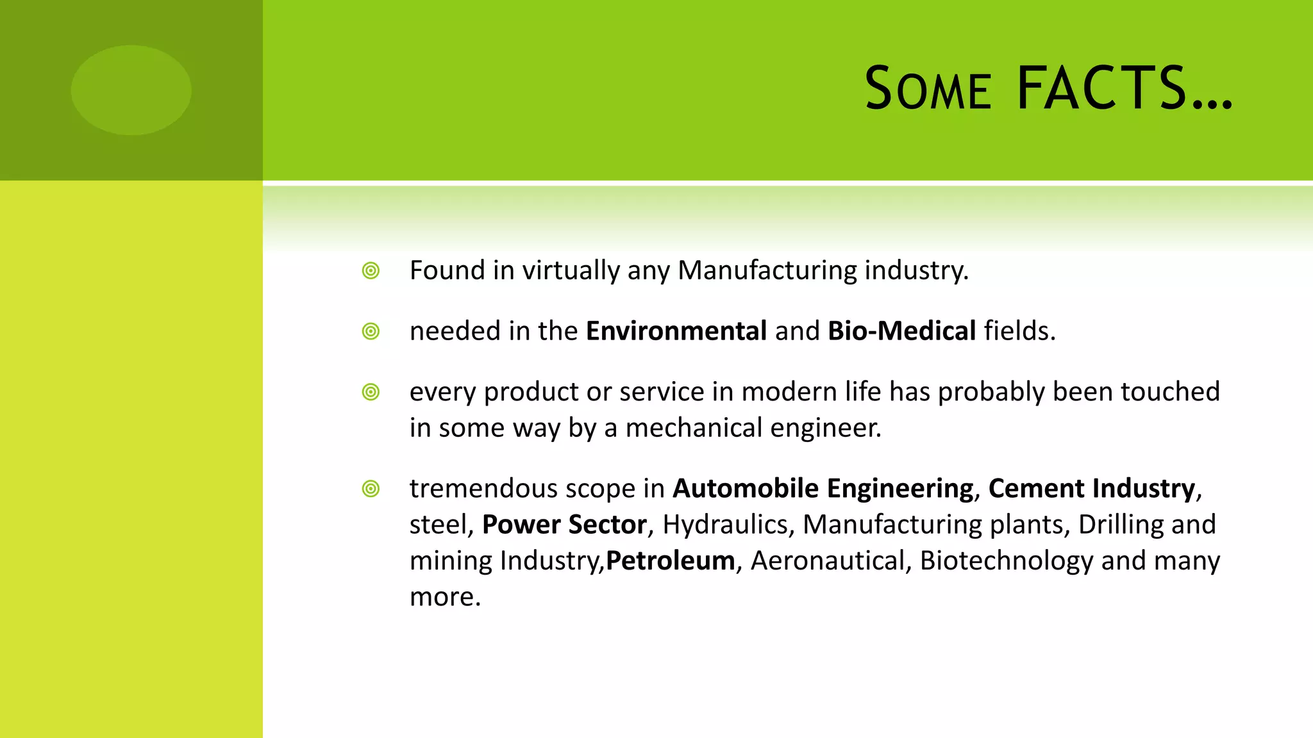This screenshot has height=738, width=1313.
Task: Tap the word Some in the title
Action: [x=928, y=88]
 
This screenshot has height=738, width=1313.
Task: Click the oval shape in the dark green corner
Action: [x=131, y=90]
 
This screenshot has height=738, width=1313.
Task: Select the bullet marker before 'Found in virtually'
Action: [x=371, y=271]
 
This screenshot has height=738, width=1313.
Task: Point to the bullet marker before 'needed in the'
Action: [x=371, y=332]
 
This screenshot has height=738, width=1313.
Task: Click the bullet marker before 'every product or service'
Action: [x=371, y=392]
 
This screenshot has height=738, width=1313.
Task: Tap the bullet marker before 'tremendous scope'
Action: [x=371, y=489]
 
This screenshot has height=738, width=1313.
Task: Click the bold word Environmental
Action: [x=676, y=331]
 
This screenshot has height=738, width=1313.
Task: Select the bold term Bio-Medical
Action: [x=902, y=331]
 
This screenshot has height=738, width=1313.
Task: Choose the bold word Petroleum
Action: [x=670, y=561]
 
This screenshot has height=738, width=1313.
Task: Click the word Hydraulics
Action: [x=724, y=525]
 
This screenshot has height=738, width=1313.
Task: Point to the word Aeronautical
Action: [x=827, y=561]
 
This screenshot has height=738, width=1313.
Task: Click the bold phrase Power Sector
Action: [x=564, y=525]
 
